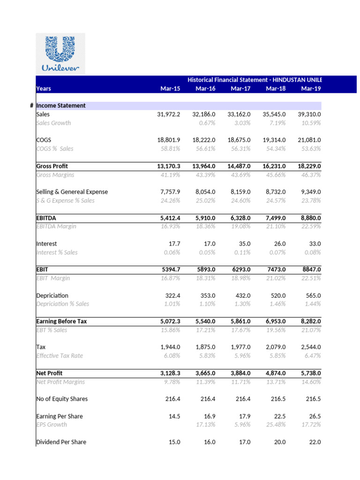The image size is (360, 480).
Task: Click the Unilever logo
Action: (60, 53)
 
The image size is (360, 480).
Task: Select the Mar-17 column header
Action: (240, 89)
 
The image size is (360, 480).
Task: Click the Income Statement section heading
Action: (61, 106)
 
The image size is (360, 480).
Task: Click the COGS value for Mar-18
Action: (275, 140)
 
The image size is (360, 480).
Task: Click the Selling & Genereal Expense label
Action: (72, 192)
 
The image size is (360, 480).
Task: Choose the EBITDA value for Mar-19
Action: (310, 218)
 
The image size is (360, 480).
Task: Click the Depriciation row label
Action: (52, 295)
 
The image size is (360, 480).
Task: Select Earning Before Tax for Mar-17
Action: (240, 322)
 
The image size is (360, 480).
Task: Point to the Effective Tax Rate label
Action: (60, 356)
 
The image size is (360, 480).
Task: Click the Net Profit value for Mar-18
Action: (275, 373)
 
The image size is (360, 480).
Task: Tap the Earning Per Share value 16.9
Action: (209, 416)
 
